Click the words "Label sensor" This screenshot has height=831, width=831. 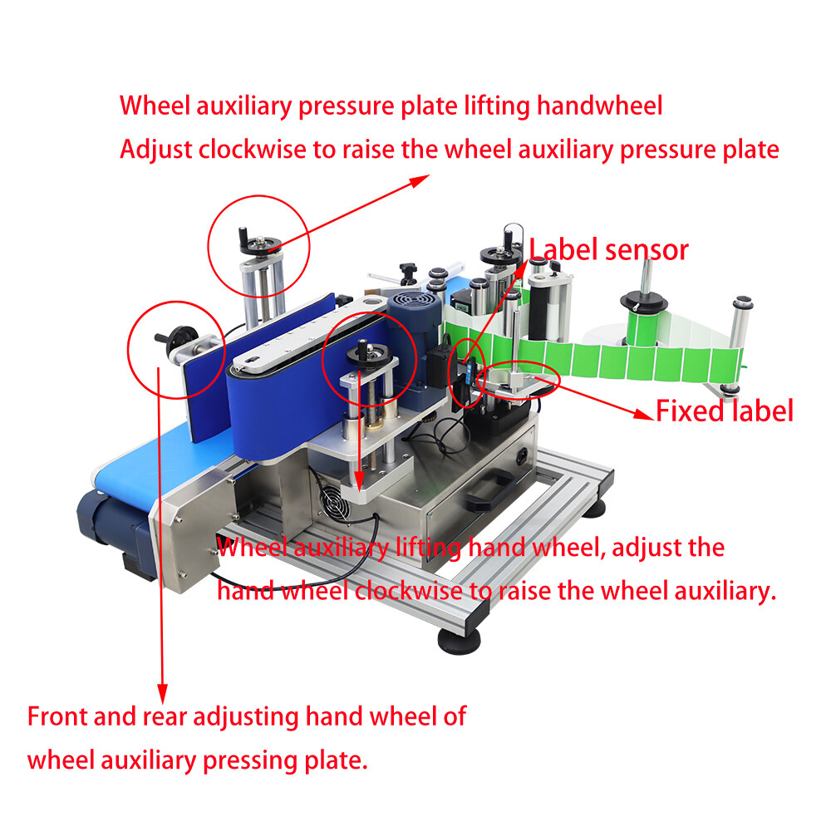point(609,249)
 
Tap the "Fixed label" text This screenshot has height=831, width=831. point(725,411)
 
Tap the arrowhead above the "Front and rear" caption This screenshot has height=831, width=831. point(163,691)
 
